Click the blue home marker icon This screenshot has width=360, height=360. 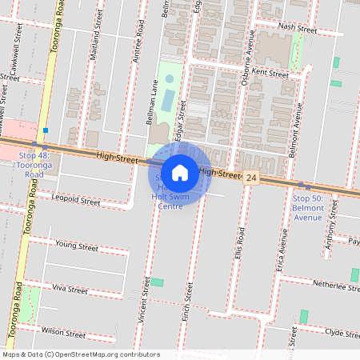coord(180,172)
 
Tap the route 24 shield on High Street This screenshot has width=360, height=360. coord(252,177)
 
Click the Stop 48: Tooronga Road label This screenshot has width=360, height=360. coord(33,164)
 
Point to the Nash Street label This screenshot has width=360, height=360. coord(298,29)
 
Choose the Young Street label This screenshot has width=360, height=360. coord(77,248)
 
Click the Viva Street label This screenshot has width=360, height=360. coord(70,289)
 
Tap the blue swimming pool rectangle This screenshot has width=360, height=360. coord(168,100)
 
